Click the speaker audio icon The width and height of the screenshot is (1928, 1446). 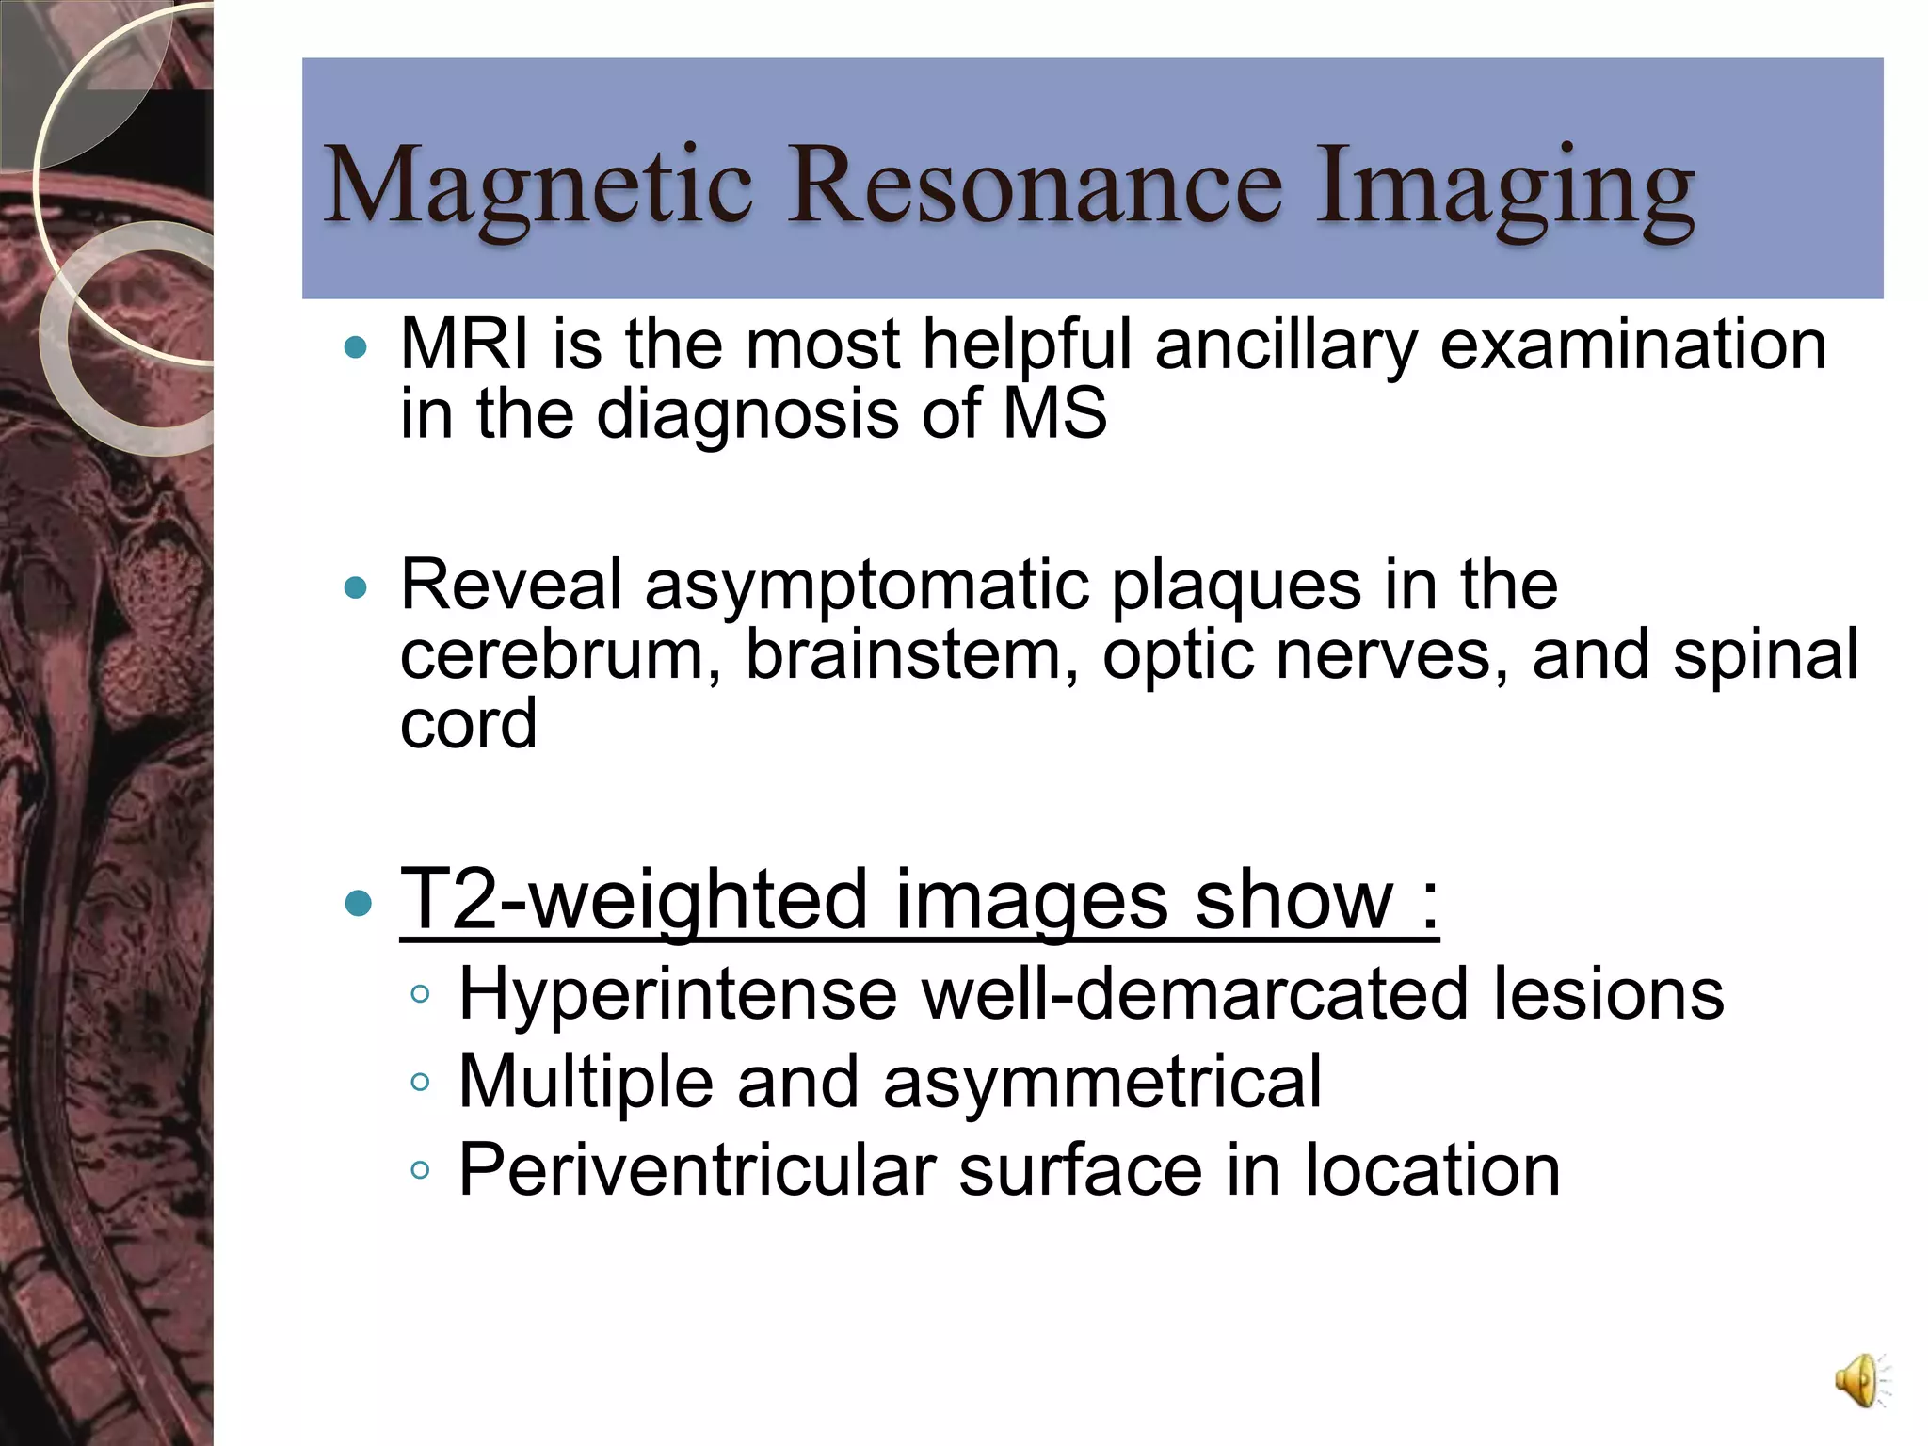click(x=1860, y=1381)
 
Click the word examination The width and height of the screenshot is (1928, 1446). click(x=1633, y=345)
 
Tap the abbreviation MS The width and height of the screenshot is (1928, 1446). click(x=1054, y=414)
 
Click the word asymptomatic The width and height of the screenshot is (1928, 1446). click(x=865, y=586)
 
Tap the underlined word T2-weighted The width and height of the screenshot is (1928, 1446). click(x=634, y=901)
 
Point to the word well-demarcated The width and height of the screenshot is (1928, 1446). click(x=1195, y=994)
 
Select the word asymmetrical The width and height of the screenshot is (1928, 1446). click(x=1102, y=1083)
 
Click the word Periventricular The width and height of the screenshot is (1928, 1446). click(x=697, y=1171)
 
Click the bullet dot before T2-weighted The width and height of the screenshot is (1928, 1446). click(x=358, y=905)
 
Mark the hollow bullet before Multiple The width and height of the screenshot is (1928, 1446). click(x=420, y=1083)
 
